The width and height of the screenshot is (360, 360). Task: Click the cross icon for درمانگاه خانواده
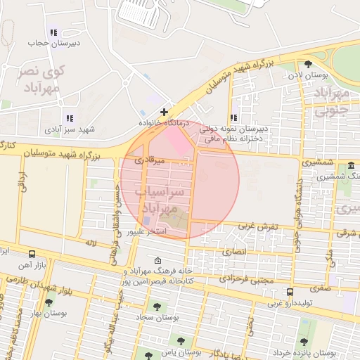click(x=164, y=112)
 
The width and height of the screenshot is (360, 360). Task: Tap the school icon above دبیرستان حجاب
click(x=54, y=32)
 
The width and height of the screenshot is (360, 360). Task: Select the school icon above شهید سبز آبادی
click(x=69, y=118)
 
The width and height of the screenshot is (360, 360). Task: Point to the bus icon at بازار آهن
click(x=32, y=253)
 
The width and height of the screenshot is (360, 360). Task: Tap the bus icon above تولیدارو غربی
click(x=290, y=292)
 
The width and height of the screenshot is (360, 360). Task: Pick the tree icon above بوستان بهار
click(x=49, y=303)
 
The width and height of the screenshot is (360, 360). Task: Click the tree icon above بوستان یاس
click(x=181, y=341)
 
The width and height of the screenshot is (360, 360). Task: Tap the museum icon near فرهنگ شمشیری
click(x=350, y=166)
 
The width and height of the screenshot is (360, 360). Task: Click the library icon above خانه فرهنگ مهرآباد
click(x=157, y=260)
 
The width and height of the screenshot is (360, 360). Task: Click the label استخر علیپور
click(x=146, y=231)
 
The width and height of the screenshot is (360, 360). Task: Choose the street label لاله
click(x=90, y=243)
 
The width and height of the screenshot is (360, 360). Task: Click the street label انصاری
click(x=236, y=250)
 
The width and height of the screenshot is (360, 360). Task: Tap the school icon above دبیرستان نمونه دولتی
click(x=233, y=118)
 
